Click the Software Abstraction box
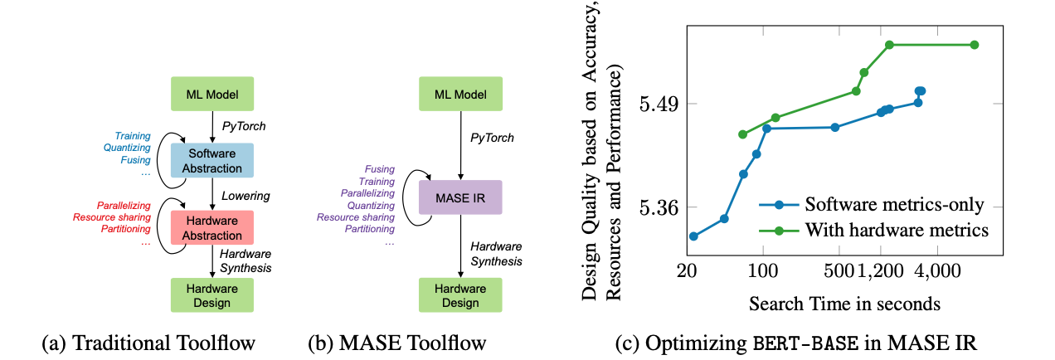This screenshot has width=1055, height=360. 211,159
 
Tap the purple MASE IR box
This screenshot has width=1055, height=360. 460,199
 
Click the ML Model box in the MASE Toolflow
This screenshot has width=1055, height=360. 460,93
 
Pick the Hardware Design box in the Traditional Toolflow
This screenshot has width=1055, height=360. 211,294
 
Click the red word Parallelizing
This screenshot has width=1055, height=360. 123,204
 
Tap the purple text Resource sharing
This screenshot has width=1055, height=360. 355,216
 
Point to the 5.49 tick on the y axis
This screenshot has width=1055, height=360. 658,105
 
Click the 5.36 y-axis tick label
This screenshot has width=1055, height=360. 658,207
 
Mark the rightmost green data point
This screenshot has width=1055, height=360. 975,45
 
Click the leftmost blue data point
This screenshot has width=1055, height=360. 693,236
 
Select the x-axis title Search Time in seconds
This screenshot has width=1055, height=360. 844,304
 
